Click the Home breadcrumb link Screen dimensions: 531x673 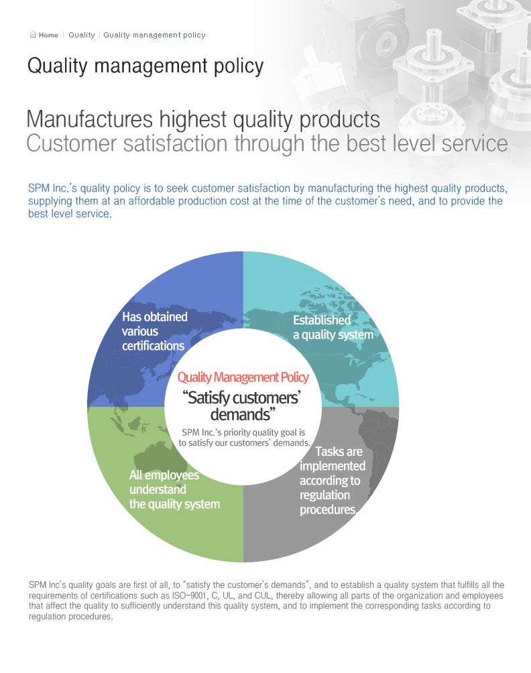pyautogui.click(x=48, y=36)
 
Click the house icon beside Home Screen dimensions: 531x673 pyautogui.click(x=33, y=34)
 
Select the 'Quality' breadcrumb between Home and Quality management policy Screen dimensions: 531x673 pyautogui.click(x=82, y=36)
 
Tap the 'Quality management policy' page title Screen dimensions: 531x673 pyautogui.click(x=145, y=66)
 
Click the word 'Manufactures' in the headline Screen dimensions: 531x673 pyautogui.click(x=90, y=119)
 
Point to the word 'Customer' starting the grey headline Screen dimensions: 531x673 pyautogui.click(x=71, y=143)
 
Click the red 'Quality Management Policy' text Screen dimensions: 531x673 pyautogui.click(x=243, y=377)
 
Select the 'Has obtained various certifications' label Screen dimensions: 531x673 pyautogui.click(x=154, y=331)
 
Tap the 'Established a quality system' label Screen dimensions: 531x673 pyautogui.click(x=333, y=328)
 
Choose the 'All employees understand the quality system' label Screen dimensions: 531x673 pyautogui.click(x=174, y=490)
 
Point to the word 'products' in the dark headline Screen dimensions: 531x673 pyautogui.click(x=339, y=120)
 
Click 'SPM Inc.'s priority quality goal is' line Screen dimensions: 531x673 pyautogui.click(x=243, y=432)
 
